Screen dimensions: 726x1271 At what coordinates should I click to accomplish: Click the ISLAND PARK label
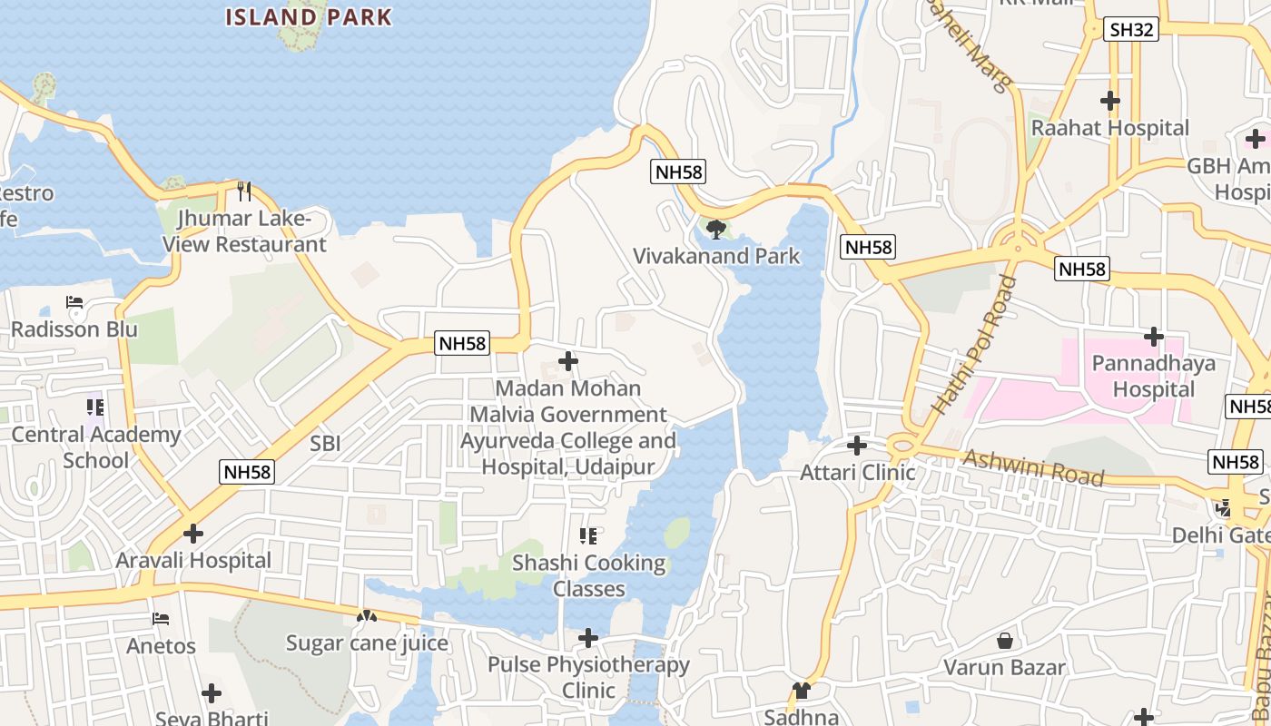click(x=309, y=16)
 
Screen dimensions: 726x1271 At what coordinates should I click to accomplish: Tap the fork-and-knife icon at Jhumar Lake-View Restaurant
click(x=243, y=191)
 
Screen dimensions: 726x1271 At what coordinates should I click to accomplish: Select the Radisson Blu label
click(x=74, y=329)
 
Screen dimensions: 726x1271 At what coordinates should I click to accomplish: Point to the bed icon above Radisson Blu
click(x=74, y=302)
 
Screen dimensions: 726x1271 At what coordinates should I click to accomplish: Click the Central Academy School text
click(x=95, y=446)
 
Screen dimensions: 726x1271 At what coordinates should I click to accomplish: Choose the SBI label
click(x=325, y=443)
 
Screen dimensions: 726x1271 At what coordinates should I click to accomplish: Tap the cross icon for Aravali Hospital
click(x=192, y=534)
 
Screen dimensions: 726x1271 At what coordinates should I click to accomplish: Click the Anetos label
click(x=161, y=646)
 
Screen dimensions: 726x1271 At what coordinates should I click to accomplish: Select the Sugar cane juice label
click(x=367, y=643)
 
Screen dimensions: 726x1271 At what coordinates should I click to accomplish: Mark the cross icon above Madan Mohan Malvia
click(x=568, y=361)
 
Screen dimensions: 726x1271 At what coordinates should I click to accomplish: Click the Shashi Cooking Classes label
click(x=589, y=575)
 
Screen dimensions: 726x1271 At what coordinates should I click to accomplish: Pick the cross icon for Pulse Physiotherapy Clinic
click(x=588, y=638)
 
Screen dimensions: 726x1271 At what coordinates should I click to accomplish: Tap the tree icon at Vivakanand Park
click(x=716, y=229)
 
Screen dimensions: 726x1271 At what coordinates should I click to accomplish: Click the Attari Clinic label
click(x=857, y=472)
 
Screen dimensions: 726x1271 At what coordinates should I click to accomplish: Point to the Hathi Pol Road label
click(x=974, y=346)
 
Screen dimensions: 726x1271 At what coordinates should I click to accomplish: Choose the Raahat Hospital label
click(x=1109, y=128)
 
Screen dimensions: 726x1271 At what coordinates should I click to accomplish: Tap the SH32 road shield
click(x=1132, y=30)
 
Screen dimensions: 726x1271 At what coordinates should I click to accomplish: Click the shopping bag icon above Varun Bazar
click(x=1005, y=641)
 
